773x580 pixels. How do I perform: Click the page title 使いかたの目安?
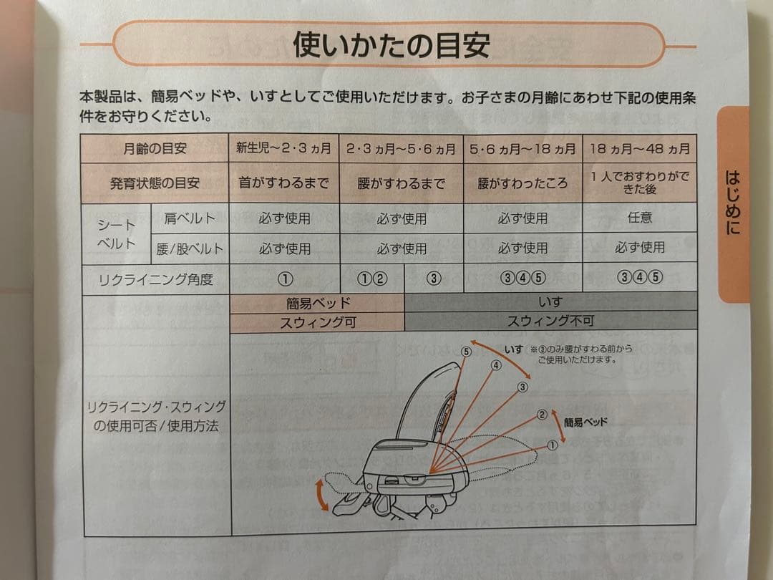click(392, 45)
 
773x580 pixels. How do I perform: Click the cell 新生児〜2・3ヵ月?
click(284, 149)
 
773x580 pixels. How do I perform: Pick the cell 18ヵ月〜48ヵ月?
click(640, 149)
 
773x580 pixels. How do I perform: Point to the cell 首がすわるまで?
click(284, 183)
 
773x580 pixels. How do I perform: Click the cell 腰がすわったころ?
click(522, 183)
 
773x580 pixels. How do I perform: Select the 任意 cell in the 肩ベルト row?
click(640, 217)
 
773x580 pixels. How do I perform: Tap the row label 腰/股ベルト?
click(190, 249)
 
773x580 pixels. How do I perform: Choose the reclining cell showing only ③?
click(434, 279)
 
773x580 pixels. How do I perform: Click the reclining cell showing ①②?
click(371, 279)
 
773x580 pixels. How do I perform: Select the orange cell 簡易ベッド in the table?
click(317, 304)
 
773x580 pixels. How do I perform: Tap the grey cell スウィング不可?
click(550, 321)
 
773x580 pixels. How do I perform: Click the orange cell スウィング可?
click(317, 322)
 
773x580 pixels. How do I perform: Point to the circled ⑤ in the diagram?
click(467, 352)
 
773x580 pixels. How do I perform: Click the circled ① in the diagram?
click(552, 445)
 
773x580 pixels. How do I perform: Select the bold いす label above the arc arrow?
click(513, 349)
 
